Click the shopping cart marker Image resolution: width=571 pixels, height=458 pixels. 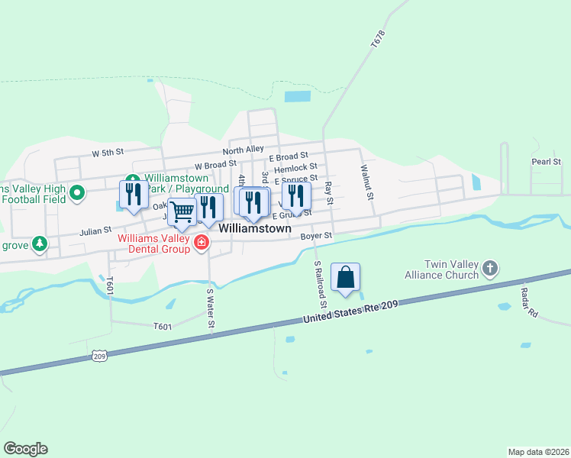(182, 212)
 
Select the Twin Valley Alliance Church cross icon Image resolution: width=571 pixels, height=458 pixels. (490, 268)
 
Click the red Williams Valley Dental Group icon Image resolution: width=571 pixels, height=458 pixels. (202, 243)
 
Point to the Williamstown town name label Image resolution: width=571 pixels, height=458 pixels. (255, 228)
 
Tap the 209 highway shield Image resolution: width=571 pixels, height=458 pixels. (98, 355)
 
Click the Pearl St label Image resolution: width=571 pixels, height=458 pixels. (547, 162)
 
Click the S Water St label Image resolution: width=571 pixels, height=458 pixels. (211, 310)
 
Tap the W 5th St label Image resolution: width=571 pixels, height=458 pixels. (108, 153)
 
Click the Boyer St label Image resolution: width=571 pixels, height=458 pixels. (316, 237)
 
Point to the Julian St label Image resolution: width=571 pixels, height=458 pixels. (96, 229)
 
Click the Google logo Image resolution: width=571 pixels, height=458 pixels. (25, 449)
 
